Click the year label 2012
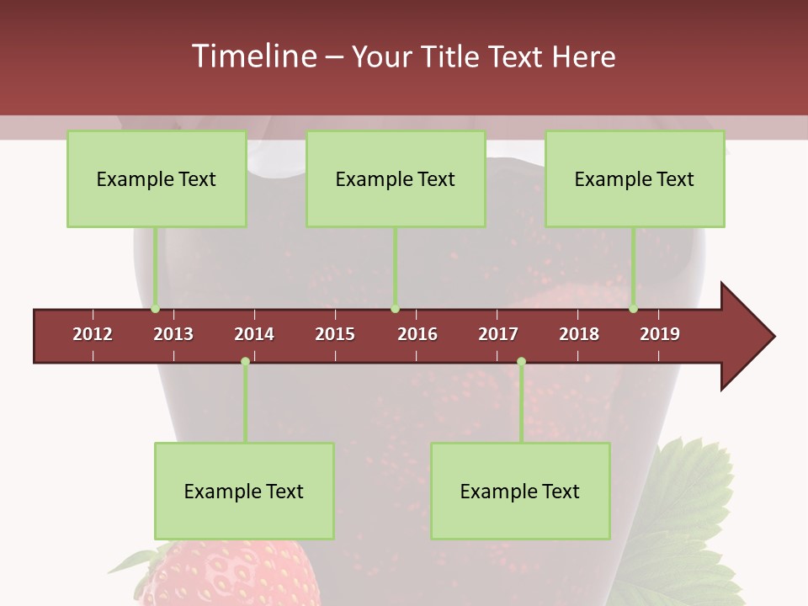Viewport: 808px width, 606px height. pos(93,334)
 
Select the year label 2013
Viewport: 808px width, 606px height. pos(173,334)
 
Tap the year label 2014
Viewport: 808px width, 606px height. pos(254,334)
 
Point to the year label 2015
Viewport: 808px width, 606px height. pos(335,334)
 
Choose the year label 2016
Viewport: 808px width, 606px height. pos(417,334)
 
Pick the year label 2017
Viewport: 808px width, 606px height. pos(498,334)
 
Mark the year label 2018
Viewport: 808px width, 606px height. pos(579,334)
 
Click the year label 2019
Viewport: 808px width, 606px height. pos(660,334)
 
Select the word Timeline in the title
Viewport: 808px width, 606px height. pos(253,56)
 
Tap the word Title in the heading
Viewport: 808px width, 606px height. pos(452,56)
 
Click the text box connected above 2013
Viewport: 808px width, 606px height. pos(157,178)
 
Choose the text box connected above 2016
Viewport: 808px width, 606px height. pos(396,178)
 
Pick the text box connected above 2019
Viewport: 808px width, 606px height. pos(635,178)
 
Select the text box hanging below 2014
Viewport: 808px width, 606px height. pos(244,491)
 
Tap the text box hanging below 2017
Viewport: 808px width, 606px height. pos(520,491)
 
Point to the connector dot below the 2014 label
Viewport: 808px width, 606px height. pos(245,361)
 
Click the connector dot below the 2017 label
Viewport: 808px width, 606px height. pos(521,361)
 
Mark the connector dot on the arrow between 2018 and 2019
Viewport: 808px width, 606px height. pos(634,309)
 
